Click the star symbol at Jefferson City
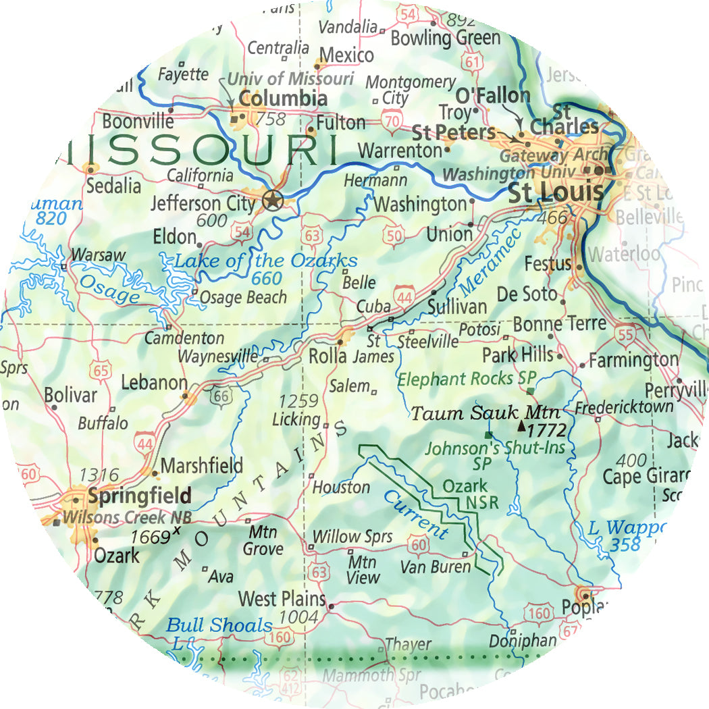tap(272, 201)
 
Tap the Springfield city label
tap(140, 496)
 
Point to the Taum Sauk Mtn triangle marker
tap(521, 427)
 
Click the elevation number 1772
tap(546, 430)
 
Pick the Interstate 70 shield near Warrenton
tap(390, 122)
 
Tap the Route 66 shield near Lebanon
tap(221, 396)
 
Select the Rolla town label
tap(327, 356)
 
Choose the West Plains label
tap(282, 599)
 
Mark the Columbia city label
tap(284, 99)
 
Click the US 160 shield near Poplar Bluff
tap(540, 614)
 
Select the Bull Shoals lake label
tap(219, 626)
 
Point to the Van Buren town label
tap(435, 567)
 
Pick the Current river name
tap(416, 515)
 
